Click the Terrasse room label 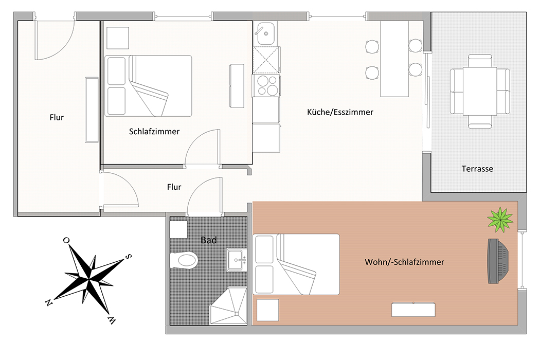tap(477, 169)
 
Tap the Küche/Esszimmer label tap(340, 112)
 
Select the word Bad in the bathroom tap(209, 240)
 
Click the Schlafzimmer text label tap(154, 131)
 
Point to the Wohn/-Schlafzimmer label tap(404, 262)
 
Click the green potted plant tap(500, 220)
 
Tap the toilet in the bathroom tap(184, 260)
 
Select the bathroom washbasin tap(237, 260)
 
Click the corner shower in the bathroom tap(228, 306)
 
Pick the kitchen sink tap(265, 33)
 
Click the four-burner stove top tap(266, 85)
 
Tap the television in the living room tap(498, 261)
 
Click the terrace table tap(480, 91)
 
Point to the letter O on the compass tap(66, 240)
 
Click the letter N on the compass tap(48, 302)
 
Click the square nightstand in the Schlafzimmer tap(117, 38)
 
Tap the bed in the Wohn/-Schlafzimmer tap(296, 264)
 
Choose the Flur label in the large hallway tap(57, 117)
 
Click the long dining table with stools tap(394, 59)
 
